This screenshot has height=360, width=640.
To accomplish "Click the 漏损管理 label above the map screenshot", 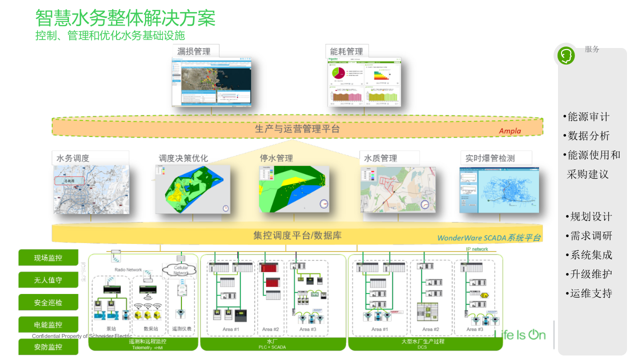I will (x=193, y=51).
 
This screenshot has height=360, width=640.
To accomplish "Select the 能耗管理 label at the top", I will (x=346, y=51).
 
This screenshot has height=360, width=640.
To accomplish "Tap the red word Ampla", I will (x=509, y=131).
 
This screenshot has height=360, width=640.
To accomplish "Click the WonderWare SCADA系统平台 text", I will (x=488, y=238).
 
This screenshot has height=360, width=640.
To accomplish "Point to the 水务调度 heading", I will (x=73, y=158).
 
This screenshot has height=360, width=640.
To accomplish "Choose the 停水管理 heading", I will (x=276, y=158).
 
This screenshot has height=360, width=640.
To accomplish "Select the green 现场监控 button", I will (x=48, y=258).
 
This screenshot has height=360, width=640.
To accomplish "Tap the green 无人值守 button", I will (x=48, y=280).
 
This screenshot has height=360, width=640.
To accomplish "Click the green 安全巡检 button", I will (x=48, y=302).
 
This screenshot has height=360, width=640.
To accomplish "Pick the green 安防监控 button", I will (x=48, y=347).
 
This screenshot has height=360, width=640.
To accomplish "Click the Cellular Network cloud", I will (x=180, y=270).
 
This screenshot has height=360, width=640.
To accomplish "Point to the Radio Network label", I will (x=128, y=270).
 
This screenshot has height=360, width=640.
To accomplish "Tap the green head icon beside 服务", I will (x=566, y=54).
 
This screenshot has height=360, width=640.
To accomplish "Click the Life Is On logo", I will (x=520, y=334).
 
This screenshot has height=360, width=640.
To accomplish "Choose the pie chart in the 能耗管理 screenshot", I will (x=338, y=73).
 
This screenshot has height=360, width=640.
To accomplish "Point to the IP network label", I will (x=477, y=249).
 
